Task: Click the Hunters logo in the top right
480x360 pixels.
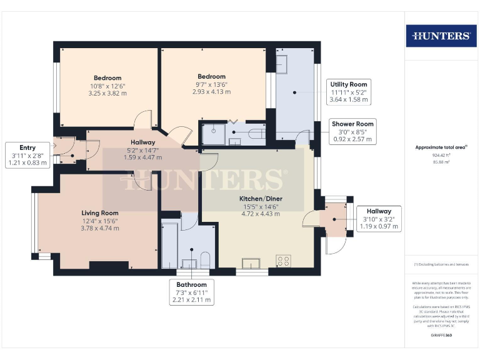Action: [441, 36]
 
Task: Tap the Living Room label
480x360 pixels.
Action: [100, 213]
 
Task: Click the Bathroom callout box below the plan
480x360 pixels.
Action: [192, 292]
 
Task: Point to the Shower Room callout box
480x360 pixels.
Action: [352, 132]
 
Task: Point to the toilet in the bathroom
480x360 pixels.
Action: [206, 261]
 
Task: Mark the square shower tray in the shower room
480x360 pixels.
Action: [212, 132]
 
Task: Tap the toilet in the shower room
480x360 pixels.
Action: [256, 133]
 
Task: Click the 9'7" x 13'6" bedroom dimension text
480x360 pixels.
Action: [212, 85]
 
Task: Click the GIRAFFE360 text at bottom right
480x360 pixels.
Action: [441, 336]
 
